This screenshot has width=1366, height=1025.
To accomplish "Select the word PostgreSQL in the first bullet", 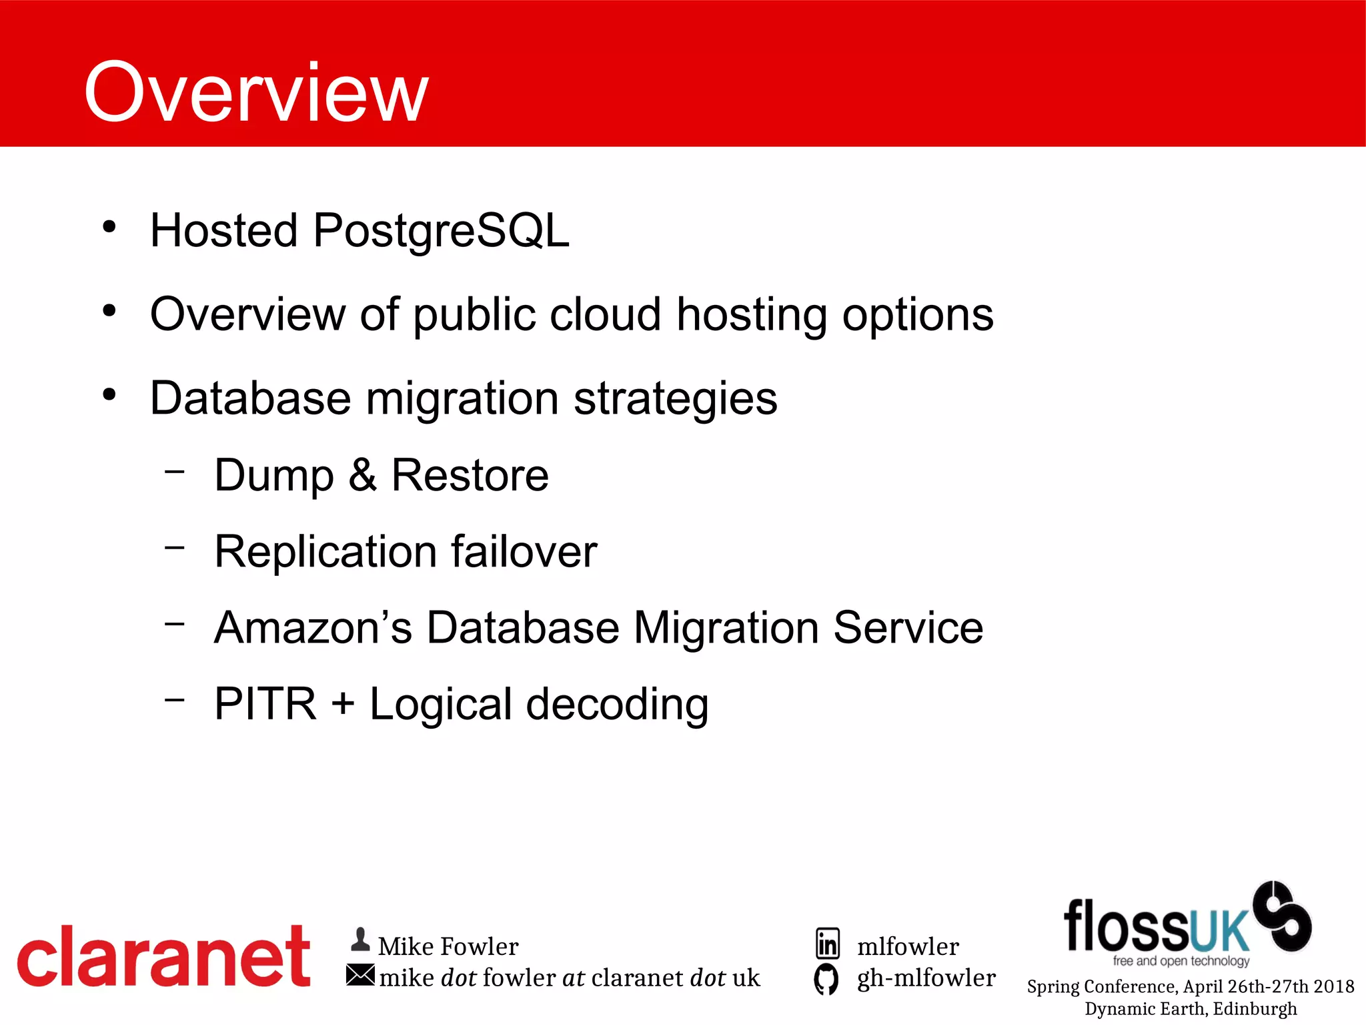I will point(441,231).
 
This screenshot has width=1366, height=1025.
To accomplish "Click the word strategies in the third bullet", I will point(675,398).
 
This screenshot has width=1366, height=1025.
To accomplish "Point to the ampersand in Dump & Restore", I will point(362,475).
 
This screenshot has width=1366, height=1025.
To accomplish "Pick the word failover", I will point(524,552).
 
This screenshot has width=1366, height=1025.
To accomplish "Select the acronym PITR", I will point(265,704).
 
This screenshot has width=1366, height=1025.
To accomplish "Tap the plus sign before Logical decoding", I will point(343,705).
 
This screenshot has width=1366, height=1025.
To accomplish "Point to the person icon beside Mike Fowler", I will point(360,940).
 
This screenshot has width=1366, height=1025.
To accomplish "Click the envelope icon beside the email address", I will point(360,976).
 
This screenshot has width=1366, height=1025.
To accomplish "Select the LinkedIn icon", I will point(827,944).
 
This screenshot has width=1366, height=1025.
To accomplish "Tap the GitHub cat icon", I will point(826,979).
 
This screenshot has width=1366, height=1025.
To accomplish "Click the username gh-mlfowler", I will point(926,978).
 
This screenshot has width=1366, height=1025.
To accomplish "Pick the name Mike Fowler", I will point(448,946).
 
